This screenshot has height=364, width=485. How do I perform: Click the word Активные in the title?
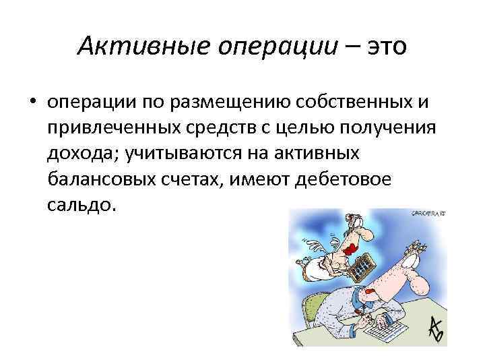pos(131,47)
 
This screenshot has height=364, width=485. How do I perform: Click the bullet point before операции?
pos(32,102)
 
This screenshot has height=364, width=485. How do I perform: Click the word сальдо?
pos(82,205)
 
